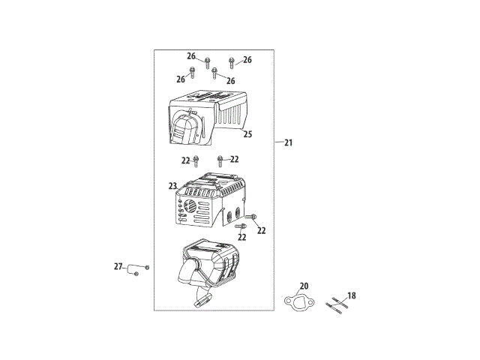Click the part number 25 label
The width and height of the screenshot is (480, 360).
[x=247, y=135]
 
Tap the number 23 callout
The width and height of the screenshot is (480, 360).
[x=172, y=185]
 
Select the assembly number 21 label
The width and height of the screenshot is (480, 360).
[x=289, y=142]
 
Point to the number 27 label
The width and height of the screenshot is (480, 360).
[x=118, y=266]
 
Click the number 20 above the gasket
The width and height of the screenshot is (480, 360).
[x=304, y=286]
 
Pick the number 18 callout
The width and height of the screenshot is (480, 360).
[x=352, y=296]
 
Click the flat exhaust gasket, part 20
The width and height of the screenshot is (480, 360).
[x=297, y=303]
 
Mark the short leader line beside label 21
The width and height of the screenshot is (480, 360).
[x=278, y=142]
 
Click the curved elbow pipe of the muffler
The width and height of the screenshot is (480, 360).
[x=191, y=274]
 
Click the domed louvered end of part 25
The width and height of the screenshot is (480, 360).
[x=184, y=127]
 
